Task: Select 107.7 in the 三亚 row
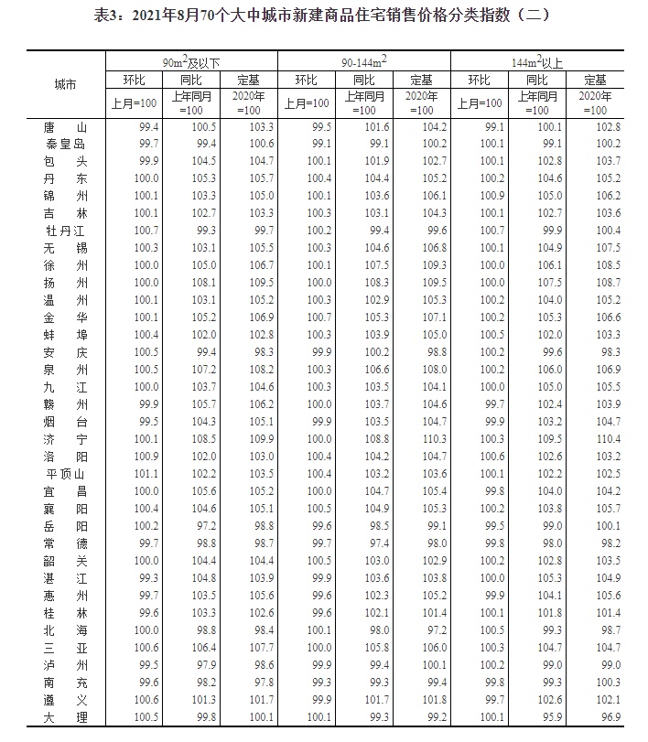[261, 648]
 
